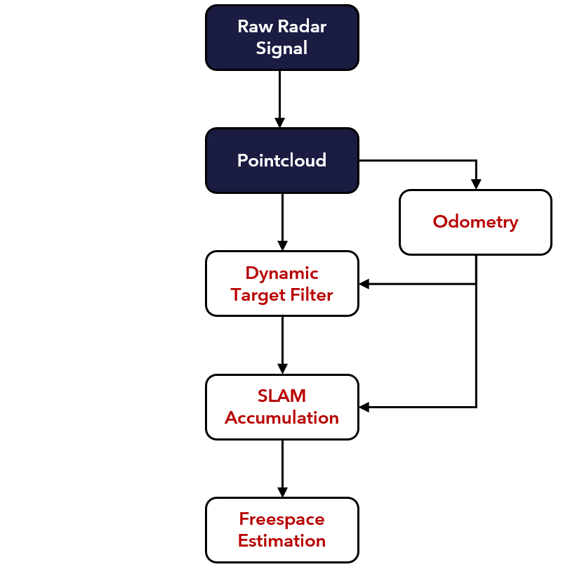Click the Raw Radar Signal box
282,37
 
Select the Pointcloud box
282,160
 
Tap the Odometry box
476,222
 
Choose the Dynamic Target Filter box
282,283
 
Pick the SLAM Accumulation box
282,407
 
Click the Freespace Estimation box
282,530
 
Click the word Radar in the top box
302,27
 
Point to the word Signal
281,48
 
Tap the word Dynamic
282,273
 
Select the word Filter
312,294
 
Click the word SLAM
281,396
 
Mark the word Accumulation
281,418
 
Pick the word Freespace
281,519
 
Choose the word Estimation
281,541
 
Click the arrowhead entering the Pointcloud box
280,123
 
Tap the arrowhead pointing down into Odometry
476,184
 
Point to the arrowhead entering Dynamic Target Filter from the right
364,284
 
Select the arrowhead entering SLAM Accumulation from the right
364,407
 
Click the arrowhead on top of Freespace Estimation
282,493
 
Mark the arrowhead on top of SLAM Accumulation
282,369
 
